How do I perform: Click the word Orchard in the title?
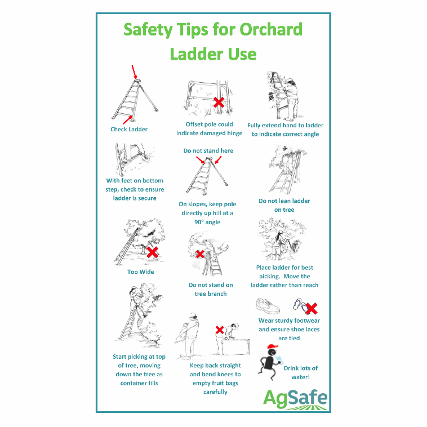271,29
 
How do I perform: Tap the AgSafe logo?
295,399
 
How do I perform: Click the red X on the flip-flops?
312,309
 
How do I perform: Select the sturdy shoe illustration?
268,305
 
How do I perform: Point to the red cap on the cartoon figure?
273,346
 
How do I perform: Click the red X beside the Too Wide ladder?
153,252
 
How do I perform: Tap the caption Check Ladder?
129,130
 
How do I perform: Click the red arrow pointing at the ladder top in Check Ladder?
134,72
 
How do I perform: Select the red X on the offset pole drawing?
219,103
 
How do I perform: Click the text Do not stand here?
208,150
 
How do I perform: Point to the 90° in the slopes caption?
199,222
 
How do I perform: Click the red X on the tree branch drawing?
200,254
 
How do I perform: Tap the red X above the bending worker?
220,330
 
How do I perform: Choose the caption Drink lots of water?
301,372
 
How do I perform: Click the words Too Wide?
140,272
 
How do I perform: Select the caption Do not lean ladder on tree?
284,205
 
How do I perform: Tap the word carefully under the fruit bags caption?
215,392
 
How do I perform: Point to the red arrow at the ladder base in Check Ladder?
127,120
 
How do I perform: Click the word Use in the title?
242,54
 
